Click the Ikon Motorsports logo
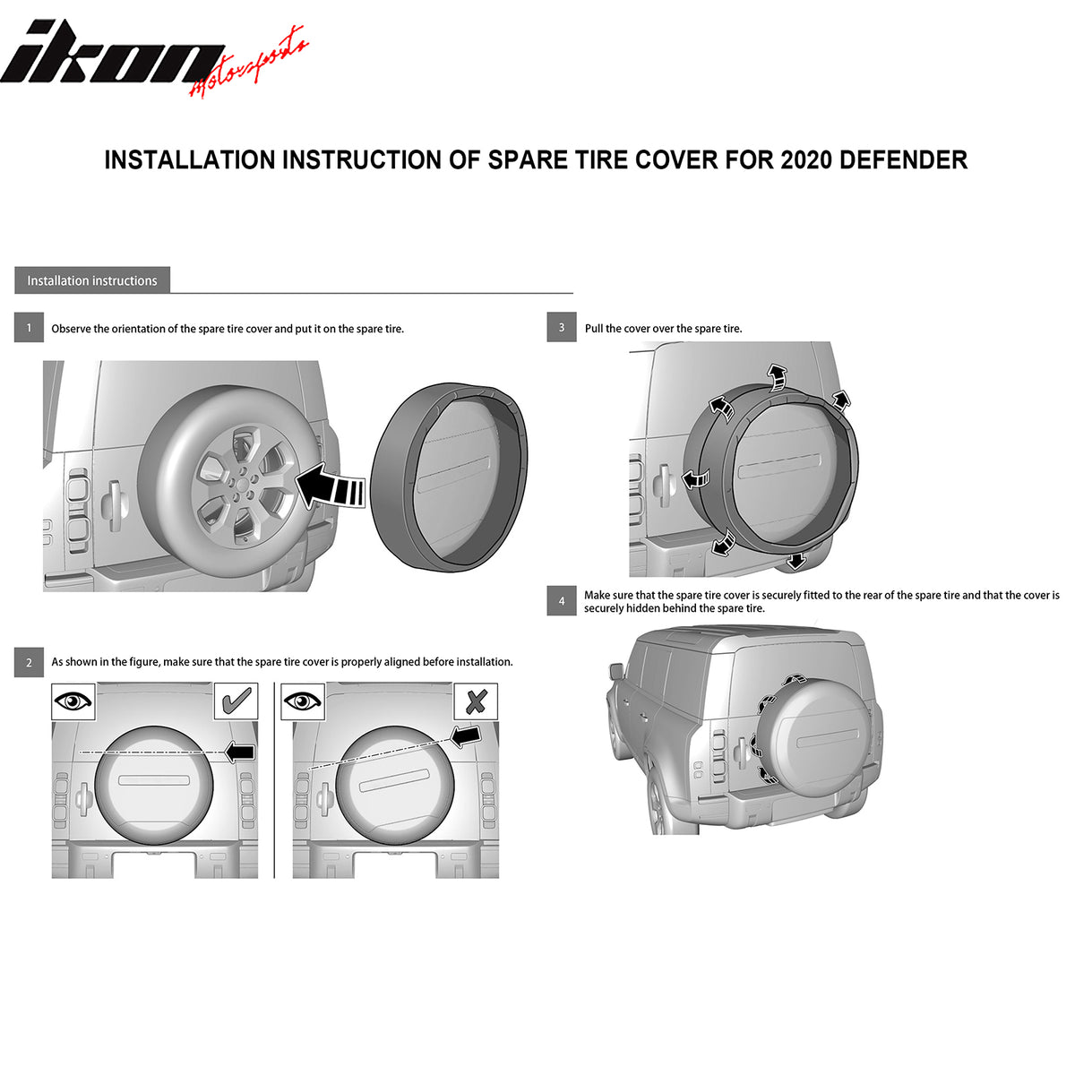[x=153, y=58]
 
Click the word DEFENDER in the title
[x=903, y=160]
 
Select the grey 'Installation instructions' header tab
[x=92, y=280]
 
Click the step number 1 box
[x=29, y=328]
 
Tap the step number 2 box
[x=29, y=663]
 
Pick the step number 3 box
[x=561, y=328]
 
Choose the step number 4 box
[x=561, y=601]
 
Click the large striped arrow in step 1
[x=330, y=486]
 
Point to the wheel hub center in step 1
[x=244, y=483]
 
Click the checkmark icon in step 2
[x=236, y=701]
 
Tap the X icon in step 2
[x=476, y=701]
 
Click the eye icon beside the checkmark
[x=73, y=701]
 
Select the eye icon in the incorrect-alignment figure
[x=303, y=701]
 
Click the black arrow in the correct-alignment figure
[x=239, y=752]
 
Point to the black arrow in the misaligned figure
[x=466, y=735]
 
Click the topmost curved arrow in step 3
[x=776, y=377]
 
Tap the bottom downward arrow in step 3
[x=796, y=561]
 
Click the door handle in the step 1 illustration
[x=112, y=505]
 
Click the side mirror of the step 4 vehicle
[x=615, y=671]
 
